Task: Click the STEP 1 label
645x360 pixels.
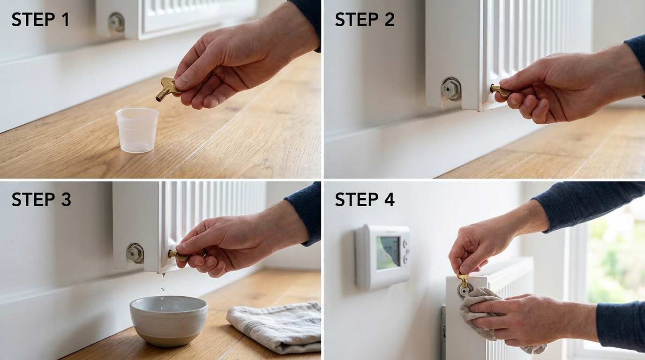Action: tap(40, 20)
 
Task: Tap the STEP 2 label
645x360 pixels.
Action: tap(365, 20)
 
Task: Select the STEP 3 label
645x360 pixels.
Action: tap(41, 200)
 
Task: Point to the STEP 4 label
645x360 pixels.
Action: tap(365, 200)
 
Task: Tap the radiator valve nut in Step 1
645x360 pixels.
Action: tap(116, 22)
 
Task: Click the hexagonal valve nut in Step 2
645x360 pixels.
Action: tap(451, 89)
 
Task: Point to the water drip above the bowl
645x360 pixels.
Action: tap(163, 282)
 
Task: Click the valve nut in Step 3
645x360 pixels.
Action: tap(135, 253)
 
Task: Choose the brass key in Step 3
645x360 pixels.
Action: tap(178, 256)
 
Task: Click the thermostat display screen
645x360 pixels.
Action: tap(388, 252)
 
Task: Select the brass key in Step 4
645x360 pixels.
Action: tap(463, 280)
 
